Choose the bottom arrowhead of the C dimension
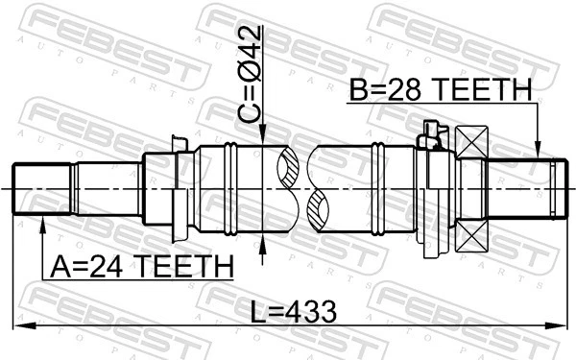(x=262, y=240)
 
